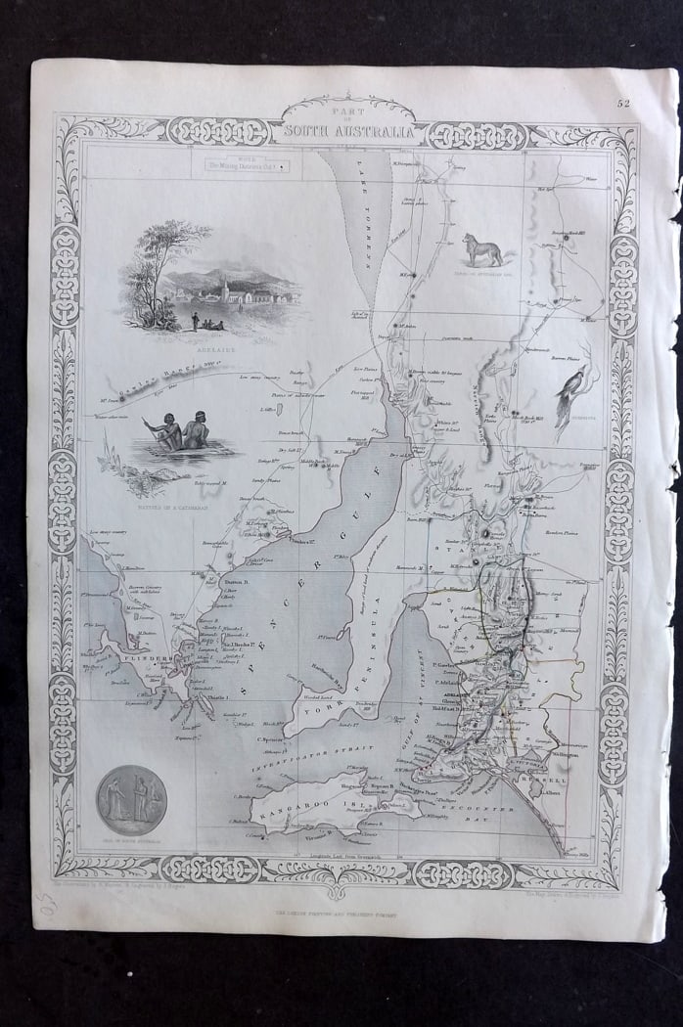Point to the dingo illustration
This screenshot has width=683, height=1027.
pos(483,250)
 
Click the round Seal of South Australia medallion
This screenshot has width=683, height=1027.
pos(131,799)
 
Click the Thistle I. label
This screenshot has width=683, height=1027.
pos(217,696)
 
